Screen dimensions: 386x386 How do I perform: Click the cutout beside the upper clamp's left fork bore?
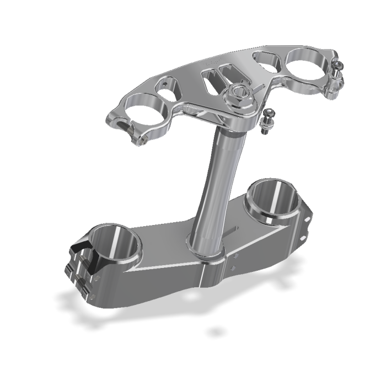(x=168, y=88)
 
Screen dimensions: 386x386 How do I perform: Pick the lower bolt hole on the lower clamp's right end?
(x=303, y=238)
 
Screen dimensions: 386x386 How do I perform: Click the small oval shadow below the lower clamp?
(x=216, y=332)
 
